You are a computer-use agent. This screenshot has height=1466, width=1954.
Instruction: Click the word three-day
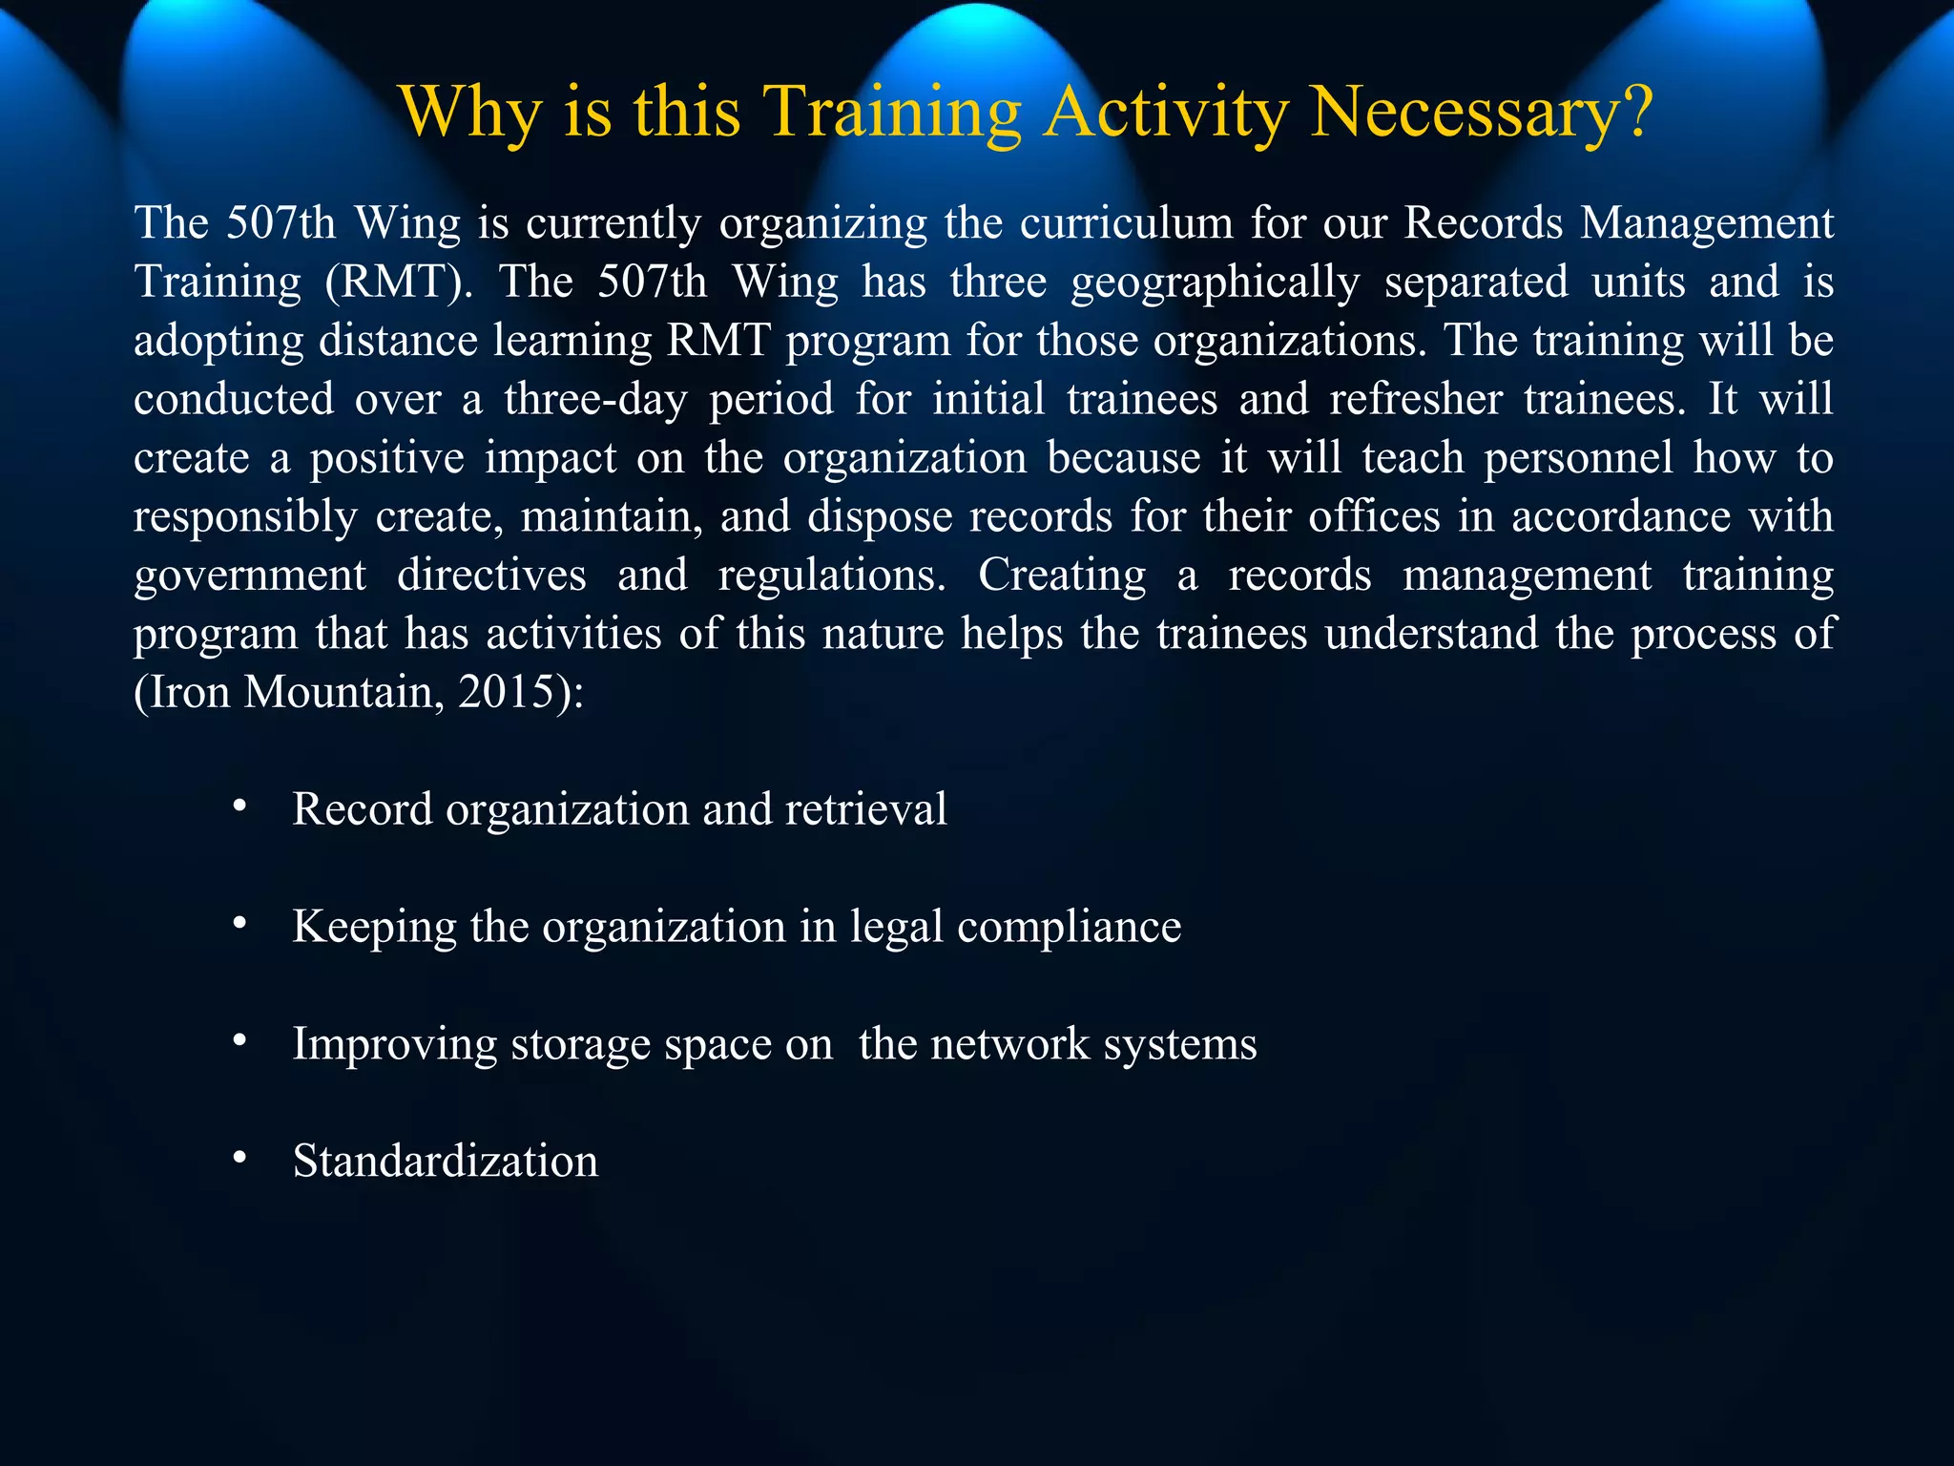tap(595, 399)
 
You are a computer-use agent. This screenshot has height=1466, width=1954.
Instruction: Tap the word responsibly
tap(245, 517)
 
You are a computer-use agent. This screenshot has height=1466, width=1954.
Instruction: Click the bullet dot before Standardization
tap(239, 1159)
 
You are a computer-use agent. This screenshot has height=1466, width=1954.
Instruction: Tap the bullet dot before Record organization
tap(239, 806)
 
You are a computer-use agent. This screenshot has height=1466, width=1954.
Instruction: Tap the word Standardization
tap(446, 1162)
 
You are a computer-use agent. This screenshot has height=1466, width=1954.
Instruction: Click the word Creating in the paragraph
tap(1062, 576)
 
